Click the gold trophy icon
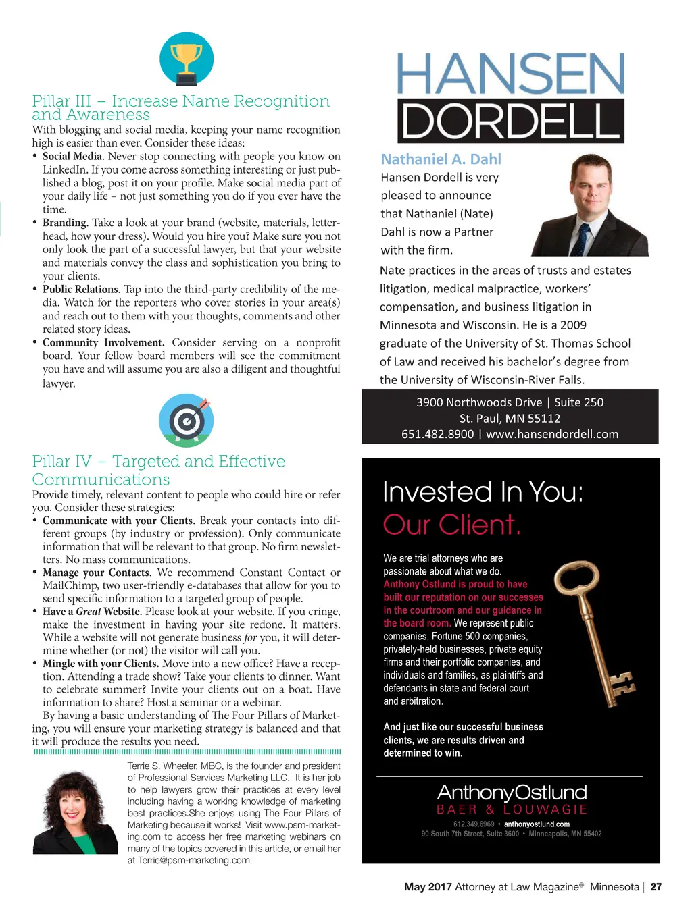point(187,59)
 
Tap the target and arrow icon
point(186,421)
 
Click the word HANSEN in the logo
point(510,74)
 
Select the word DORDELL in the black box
point(510,121)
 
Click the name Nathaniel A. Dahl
point(441,159)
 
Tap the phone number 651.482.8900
point(437,434)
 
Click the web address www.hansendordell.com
point(552,434)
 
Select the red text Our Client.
point(451,525)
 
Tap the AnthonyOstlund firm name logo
point(512,793)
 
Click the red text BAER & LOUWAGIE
point(512,809)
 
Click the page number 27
point(656,887)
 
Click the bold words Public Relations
point(80,290)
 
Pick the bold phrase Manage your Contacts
point(96,573)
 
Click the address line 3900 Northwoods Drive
point(479,402)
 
